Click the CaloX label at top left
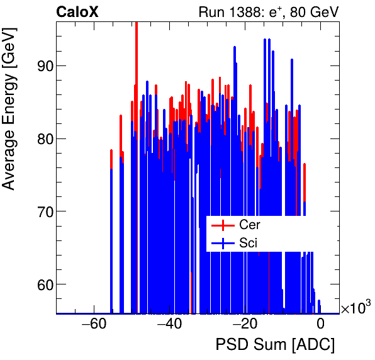(x=77, y=11)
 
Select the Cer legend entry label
(x=250, y=225)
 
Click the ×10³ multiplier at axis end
(x=355, y=308)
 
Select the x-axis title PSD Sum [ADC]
(x=275, y=345)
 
